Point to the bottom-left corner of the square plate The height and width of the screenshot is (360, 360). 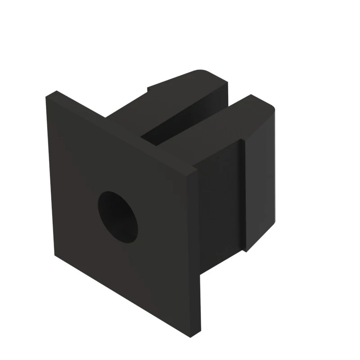[55, 256]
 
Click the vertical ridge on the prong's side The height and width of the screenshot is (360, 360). [243, 193]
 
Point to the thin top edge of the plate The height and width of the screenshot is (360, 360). [121, 130]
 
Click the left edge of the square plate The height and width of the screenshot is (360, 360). [50, 175]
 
